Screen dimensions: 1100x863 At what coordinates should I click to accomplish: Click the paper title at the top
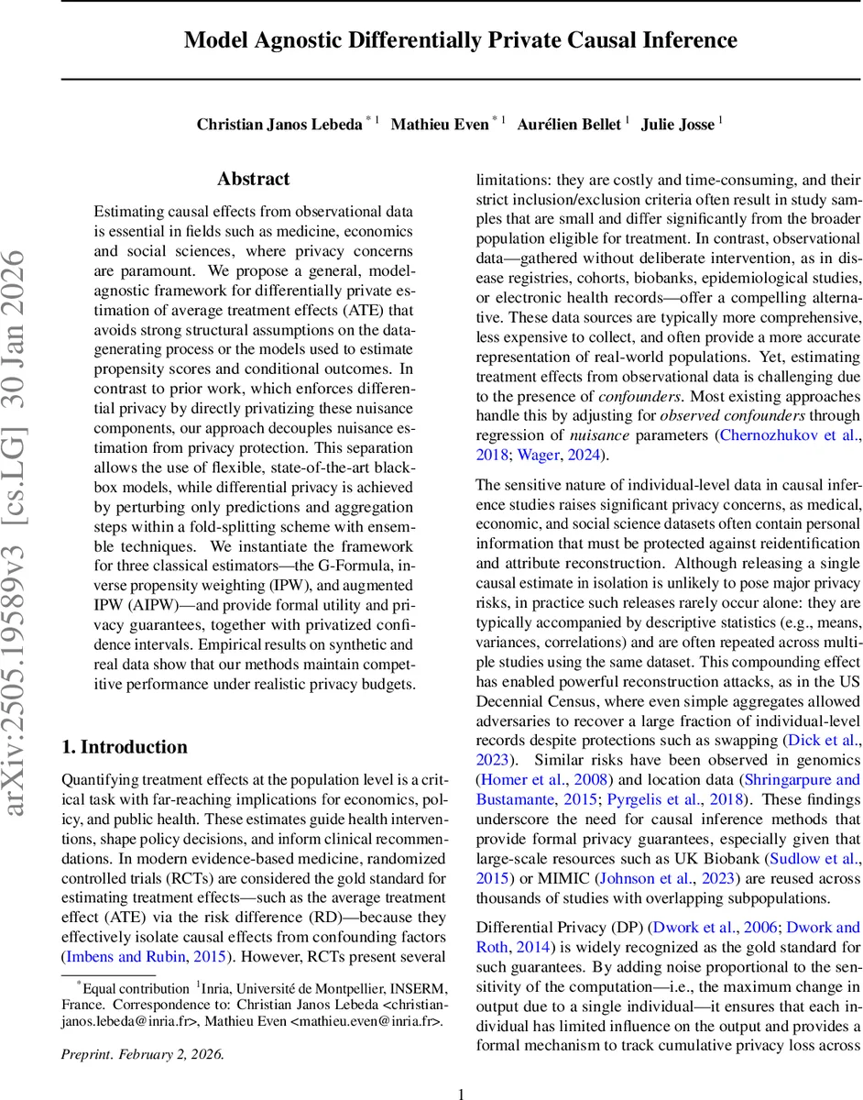point(460,40)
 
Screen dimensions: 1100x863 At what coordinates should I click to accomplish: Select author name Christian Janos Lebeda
point(279,125)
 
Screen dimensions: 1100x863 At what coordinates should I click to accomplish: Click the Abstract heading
point(253,179)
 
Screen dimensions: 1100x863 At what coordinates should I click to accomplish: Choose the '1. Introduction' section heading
point(124,720)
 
